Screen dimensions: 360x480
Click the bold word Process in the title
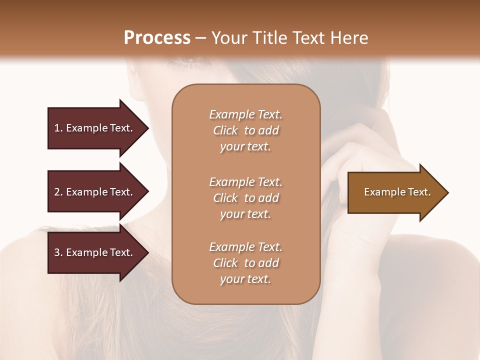point(157,38)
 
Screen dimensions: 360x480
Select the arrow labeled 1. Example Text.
point(94,128)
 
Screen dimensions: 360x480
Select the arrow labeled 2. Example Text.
point(94,192)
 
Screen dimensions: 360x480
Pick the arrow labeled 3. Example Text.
point(94,252)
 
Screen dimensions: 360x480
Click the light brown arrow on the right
point(390,192)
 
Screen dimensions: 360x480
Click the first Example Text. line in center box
point(245,114)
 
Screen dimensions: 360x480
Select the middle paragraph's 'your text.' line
point(245,214)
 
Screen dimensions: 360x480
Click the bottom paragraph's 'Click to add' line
point(245,263)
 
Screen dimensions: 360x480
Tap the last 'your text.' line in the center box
point(245,279)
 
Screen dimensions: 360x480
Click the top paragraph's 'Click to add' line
point(245,130)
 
